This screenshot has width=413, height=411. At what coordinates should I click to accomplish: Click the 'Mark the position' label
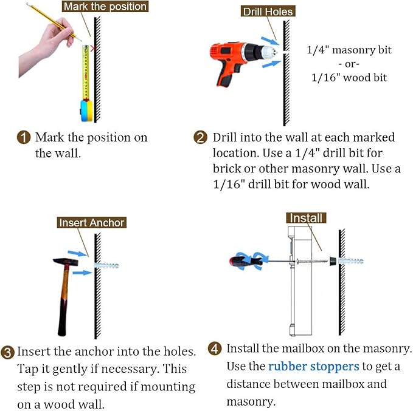(105, 7)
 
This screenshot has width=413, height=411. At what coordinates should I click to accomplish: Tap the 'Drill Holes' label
(268, 12)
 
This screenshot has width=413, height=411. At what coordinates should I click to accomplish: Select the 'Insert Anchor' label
(92, 222)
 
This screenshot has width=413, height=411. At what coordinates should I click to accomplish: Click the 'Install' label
(306, 218)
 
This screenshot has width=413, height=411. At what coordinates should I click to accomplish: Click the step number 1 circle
(24, 137)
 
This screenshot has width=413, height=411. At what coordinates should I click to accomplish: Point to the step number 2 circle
(201, 137)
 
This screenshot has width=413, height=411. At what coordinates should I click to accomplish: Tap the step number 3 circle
(8, 352)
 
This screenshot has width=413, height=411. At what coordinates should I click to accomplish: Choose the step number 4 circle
(215, 348)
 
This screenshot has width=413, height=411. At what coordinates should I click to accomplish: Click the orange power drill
(242, 62)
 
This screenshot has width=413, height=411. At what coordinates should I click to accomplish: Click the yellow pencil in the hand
(54, 22)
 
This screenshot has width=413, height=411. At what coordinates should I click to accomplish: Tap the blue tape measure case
(86, 110)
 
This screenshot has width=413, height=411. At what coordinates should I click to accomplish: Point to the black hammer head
(66, 262)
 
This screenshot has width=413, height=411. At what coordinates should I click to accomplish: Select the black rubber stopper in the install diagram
(333, 261)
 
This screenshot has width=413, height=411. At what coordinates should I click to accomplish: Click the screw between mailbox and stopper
(312, 262)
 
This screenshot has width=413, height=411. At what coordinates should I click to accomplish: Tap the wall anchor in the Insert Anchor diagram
(106, 265)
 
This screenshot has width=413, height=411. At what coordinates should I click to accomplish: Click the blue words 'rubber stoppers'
(313, 366)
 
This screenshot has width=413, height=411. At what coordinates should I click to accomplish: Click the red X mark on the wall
(92, 49)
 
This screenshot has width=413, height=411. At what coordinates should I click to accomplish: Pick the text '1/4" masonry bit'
(349, 50)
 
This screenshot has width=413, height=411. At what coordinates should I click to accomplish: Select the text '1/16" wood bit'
(349, 78)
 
